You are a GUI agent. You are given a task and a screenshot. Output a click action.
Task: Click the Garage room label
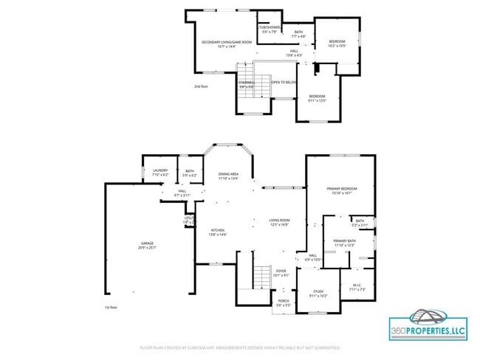click(148, 244)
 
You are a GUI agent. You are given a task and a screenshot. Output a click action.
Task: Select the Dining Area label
click(228, 176)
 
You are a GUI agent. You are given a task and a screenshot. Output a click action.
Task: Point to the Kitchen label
click(216, 232)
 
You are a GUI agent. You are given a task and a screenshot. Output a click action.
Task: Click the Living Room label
click(278, 222)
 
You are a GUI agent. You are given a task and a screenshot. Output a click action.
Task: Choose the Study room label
click(318, 294)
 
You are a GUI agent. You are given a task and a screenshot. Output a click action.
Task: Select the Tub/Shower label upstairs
click(267, 30)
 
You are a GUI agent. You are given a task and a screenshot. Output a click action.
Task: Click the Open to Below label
click(284, 82)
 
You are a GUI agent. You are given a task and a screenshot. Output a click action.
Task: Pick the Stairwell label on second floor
click(246, 84)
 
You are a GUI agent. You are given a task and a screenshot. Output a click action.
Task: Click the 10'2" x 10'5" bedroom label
click(337, 44)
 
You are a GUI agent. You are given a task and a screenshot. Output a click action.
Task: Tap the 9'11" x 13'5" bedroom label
click(318, 98)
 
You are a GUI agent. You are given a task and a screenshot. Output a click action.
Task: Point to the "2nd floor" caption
click(201, 86)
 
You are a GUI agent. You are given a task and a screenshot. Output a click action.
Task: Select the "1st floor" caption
click(111, 305)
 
